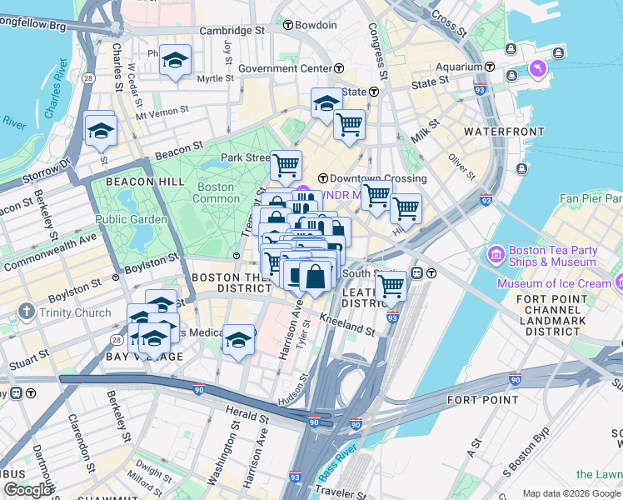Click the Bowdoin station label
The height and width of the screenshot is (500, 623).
(x=321, y=25)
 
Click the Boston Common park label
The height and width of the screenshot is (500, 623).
(x=214, y=193)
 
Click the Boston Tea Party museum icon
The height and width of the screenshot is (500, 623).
(x=496, y=252)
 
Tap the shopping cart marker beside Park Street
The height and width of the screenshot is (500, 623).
(x=286, y=165)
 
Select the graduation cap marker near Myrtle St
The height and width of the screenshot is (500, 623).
(x=175, y=60)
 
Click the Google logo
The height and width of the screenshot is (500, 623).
(x=27, y=489)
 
